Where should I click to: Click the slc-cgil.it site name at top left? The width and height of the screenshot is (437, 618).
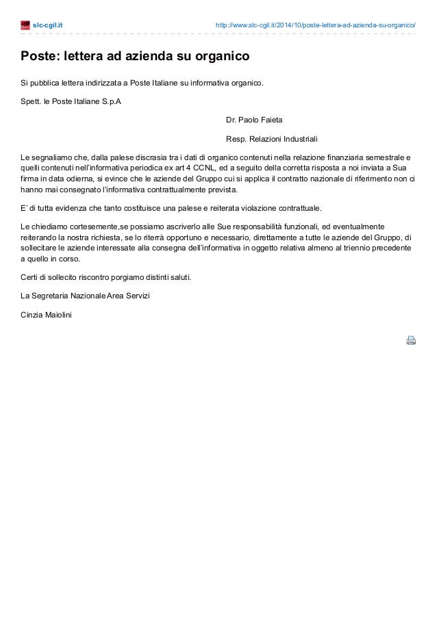47,25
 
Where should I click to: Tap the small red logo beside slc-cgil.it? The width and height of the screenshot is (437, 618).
25,26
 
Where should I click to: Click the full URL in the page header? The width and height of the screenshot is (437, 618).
315,25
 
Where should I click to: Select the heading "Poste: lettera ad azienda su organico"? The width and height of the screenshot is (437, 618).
134,55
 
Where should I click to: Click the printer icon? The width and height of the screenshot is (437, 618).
411,340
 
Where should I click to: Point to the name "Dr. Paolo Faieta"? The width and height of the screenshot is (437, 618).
254,119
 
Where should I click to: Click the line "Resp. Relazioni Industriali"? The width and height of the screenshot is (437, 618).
272,137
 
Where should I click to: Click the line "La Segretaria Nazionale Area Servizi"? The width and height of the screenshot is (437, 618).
85,296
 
